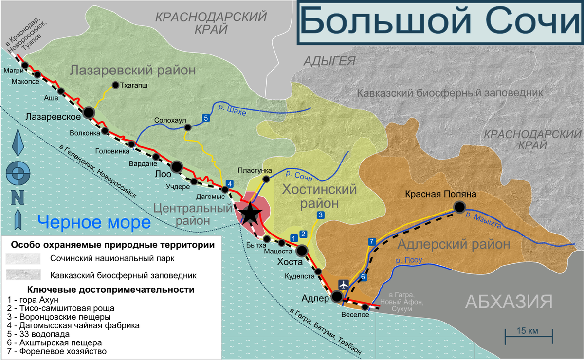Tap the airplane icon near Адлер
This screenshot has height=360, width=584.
click(x=344, y=284)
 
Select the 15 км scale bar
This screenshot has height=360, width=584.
click(x=528, y=334)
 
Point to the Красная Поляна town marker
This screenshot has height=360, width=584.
click(x=459, y=208)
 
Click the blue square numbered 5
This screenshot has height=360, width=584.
click(x=206, y=117)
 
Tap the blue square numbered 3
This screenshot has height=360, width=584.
click(x=320, y=215)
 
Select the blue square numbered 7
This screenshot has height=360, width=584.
click(x=372, y=241)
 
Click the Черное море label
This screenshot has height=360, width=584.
click(x=94, y=223)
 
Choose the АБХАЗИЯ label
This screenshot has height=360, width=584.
click(x=509, y=302)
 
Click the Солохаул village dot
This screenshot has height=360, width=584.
click(x=187, y=127)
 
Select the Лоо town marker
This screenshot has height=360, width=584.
click(x=177, y=167)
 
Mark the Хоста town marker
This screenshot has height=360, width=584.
click(x=301, y=251)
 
